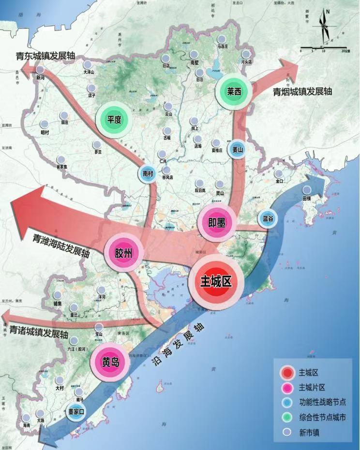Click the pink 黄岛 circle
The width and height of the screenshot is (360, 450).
click(x=110, y=362)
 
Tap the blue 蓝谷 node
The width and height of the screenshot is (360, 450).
click(x=268, y=218)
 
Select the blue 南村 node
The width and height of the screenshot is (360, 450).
click(x=148, y=174)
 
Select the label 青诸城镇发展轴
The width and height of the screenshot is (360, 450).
click(x=38, y=333)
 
